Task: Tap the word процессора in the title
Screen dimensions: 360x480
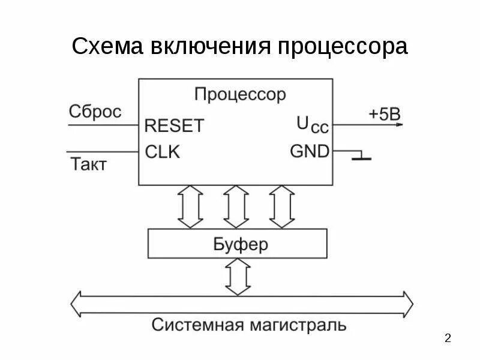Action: pos(342,47)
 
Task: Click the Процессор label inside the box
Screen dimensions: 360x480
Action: pos(240,95)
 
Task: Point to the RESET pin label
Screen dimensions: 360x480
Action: pos(175,126)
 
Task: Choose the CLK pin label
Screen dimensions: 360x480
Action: pos(163,152)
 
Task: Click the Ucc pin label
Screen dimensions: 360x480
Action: pos(312,125)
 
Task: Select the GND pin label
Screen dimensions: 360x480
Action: pos(310,151)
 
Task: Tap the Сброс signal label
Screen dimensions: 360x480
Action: pos(95,112)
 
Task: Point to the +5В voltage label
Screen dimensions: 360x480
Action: pos(384,114)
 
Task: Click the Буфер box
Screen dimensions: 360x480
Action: pos(238,245)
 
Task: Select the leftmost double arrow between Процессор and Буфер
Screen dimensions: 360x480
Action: pos(191,206)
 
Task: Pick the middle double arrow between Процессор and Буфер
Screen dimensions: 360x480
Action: pos(235,206)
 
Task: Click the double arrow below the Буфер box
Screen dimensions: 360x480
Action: pos(238,277)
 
